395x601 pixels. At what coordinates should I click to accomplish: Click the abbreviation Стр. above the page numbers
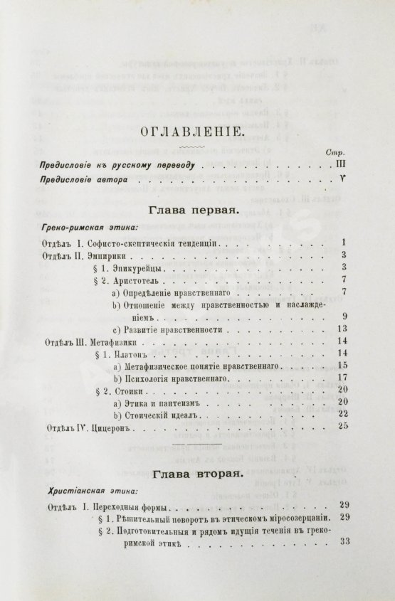click(x=334, y=152)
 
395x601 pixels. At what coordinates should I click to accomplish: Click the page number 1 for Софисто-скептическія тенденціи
click(x=343, y=242)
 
